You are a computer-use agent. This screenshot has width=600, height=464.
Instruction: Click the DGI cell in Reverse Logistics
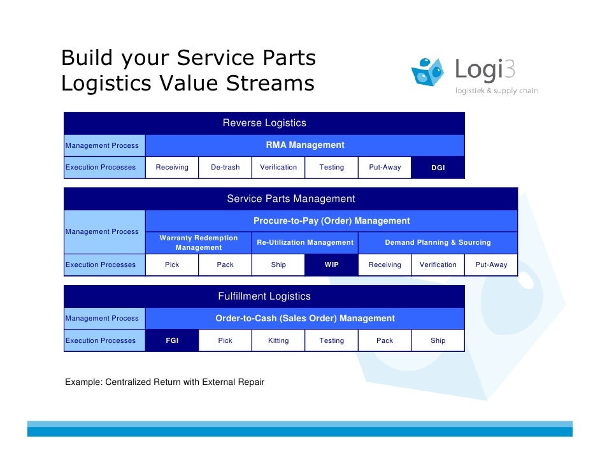[438, 168]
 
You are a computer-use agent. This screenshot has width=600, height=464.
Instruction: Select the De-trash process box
[225, 168]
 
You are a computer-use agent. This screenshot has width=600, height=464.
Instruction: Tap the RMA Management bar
[305, 145]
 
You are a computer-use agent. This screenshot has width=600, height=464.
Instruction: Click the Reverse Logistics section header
[264, 123]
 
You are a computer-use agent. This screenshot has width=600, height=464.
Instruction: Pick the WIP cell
[332, 265]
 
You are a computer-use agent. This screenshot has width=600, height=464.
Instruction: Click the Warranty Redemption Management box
[199, 242]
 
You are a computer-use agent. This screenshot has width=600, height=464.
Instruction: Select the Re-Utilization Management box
[305, 242]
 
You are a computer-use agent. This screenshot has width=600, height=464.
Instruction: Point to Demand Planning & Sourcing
[438, 242]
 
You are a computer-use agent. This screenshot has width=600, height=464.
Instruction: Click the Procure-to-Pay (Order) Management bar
[331, 221]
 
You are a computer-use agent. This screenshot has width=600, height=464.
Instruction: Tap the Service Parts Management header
[291, 199]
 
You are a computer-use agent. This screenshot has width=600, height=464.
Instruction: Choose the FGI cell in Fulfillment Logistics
[172, 340]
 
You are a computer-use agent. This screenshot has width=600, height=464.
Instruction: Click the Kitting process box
[278, 340]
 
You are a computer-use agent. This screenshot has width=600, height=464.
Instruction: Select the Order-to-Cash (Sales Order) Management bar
[305, 318]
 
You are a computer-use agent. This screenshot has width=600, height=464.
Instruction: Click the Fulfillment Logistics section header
[264, 296]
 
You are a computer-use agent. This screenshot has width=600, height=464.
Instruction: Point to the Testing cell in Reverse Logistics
[332, 168]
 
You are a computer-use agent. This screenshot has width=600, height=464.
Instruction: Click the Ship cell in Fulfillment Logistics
[438, 340]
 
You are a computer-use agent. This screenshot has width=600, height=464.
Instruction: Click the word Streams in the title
[273, 83]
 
